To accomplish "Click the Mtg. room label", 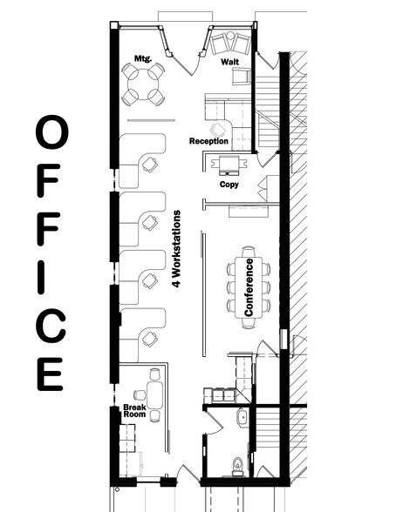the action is tap(143, 59).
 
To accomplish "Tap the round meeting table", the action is tap(143, 84).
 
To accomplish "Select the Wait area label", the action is tap(229, 62).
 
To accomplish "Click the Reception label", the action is tap(208, 141).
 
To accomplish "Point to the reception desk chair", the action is tap(218, 130).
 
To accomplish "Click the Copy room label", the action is tap(229, 185).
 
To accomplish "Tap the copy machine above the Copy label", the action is tap(229, 165).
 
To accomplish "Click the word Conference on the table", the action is tap(249, 287).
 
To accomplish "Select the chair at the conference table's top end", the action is tap(249, 252).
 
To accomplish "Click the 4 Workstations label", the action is tap(176, 248).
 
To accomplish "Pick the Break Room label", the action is tap(134, 411).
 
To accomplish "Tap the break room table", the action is tap(155, 395).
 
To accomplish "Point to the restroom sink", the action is tap(242, 418).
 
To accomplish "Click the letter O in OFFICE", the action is tap(52, 132).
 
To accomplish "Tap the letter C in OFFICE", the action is tap(51, 326).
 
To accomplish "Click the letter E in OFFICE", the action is tap(50, 374).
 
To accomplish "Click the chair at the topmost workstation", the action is tap(150, 165).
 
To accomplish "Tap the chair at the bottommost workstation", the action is tap(150, 340).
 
